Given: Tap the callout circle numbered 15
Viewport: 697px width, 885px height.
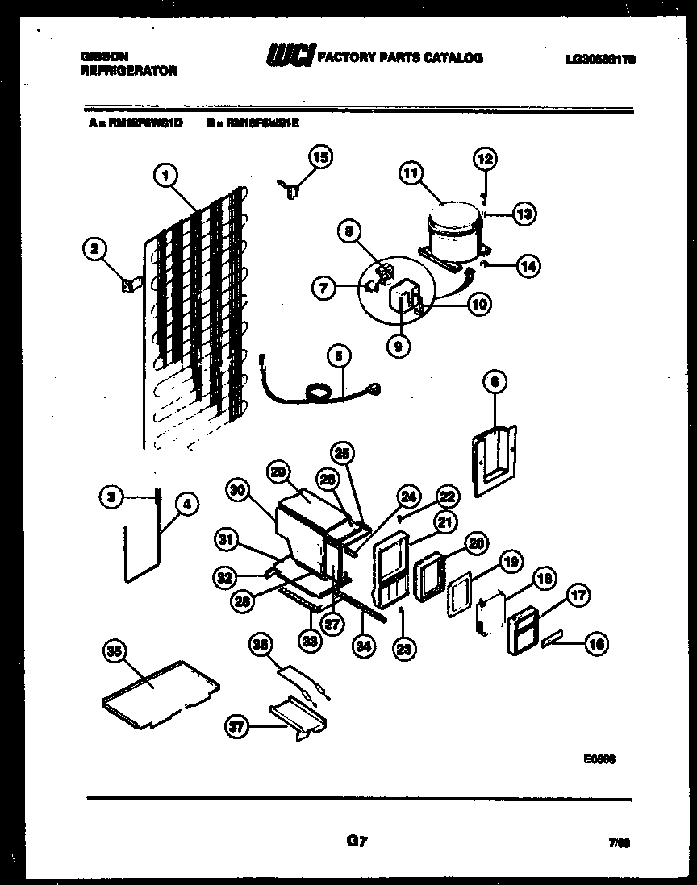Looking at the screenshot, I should pyautogui.click(x=320, y=157).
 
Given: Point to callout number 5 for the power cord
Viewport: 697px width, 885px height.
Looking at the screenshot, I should pyautogui.click(x=339, y=355).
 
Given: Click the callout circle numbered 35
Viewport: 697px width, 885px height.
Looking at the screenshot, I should pyautogui.click(x=116, y=649).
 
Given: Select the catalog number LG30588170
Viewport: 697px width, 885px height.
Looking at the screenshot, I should pyautogui.click(x=600, y=58).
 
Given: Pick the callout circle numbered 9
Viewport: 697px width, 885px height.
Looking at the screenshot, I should pyautogui.click(x=399, y=347).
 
